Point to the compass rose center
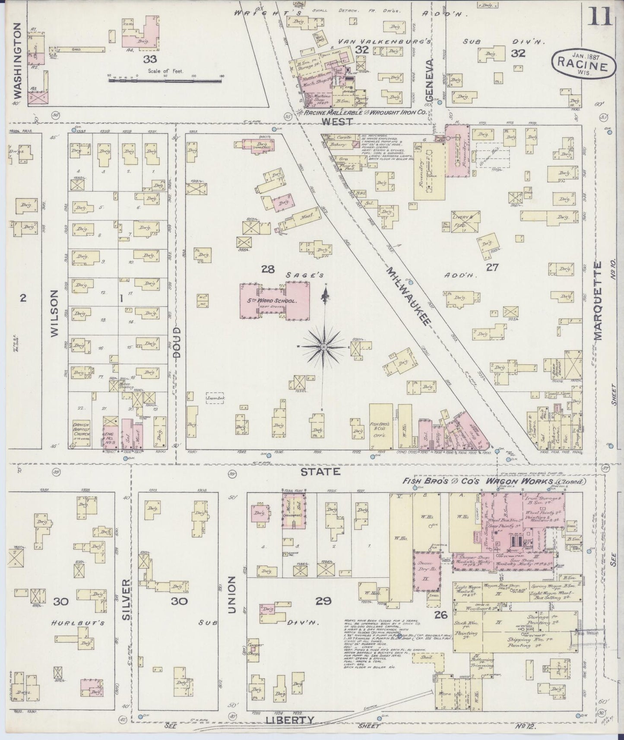coord(324,347)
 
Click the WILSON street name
coord(55,313)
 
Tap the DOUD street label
coord(177,341)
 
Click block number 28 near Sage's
coord(268,269)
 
